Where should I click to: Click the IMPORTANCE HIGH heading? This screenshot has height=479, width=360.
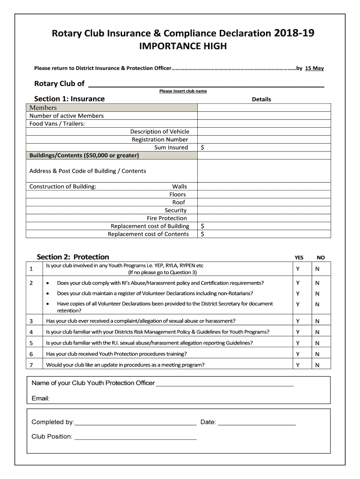[183, 46]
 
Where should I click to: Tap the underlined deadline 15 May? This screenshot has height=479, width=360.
[314, 68]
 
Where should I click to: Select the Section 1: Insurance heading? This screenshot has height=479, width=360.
[69, 99]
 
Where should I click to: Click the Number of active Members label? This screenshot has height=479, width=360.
[66, 116]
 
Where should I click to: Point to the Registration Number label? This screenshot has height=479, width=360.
[160, 139]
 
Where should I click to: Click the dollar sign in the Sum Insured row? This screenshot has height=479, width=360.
[202, 147]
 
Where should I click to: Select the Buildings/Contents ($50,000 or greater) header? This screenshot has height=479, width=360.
[84, 155]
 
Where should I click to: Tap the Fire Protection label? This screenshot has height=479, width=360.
[166, 218]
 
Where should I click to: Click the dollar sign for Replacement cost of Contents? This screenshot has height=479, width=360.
[202, 234]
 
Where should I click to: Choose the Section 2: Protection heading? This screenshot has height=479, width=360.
[73, 257]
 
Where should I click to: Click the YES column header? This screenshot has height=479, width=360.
[299, 257]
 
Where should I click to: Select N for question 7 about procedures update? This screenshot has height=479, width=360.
[317, 365]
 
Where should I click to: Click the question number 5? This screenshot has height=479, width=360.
[31, 343]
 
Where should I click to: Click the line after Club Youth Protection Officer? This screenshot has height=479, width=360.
[224, 384]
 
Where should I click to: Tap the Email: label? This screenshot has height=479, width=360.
[41, 399]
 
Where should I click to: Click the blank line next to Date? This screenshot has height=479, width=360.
[257, 422]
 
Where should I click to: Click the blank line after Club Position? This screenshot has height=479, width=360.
[135, 437]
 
